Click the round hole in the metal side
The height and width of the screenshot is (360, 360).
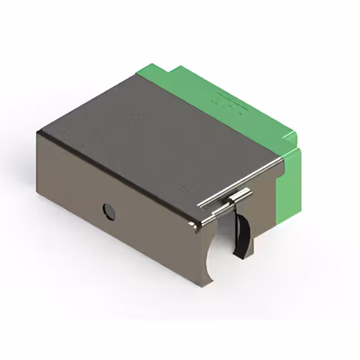coord(109,211)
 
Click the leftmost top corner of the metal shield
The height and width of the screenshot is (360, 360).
coord(38,133)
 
